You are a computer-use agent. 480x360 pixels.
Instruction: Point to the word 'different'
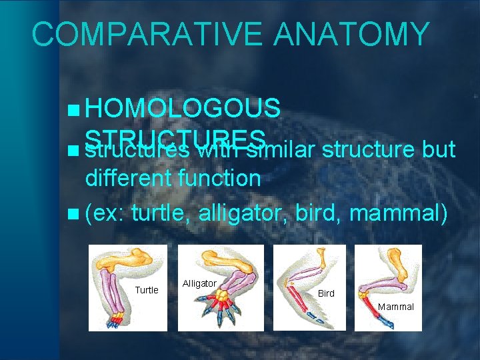pos(127,178)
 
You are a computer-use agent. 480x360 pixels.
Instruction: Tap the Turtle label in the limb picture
pos(147,290)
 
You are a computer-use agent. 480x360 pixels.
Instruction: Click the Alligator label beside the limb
pos(199,283)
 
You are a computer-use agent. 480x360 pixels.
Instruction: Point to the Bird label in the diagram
pos(326,293)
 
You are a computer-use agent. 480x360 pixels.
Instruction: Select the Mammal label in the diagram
pos(396,307)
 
